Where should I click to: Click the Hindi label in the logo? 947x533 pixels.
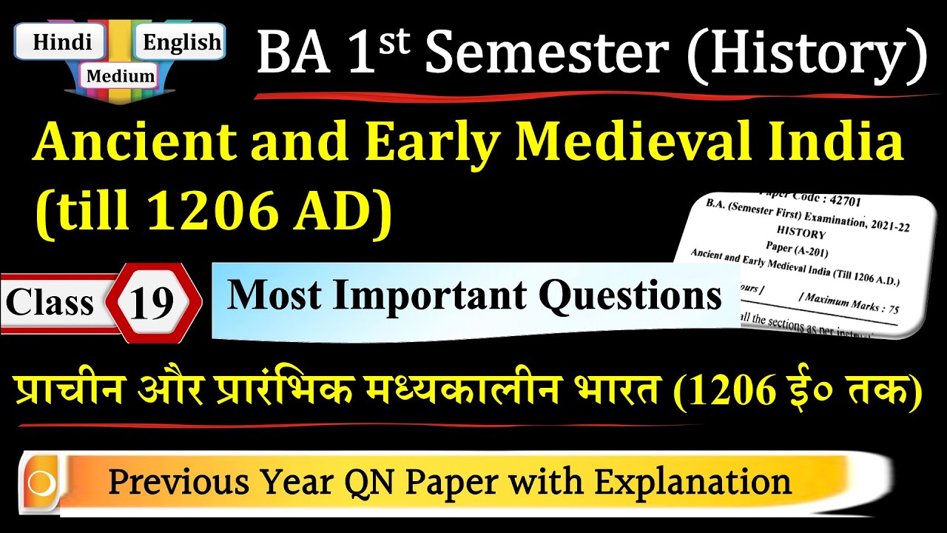click(62, 42)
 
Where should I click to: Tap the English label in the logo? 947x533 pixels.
click(182, 42)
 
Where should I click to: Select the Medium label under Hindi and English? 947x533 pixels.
click(121, 75)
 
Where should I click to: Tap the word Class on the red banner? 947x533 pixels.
click(50, 302)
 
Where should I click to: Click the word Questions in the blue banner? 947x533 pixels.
click(630, 295)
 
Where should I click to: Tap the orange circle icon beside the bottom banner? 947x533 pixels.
click(41, 483)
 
